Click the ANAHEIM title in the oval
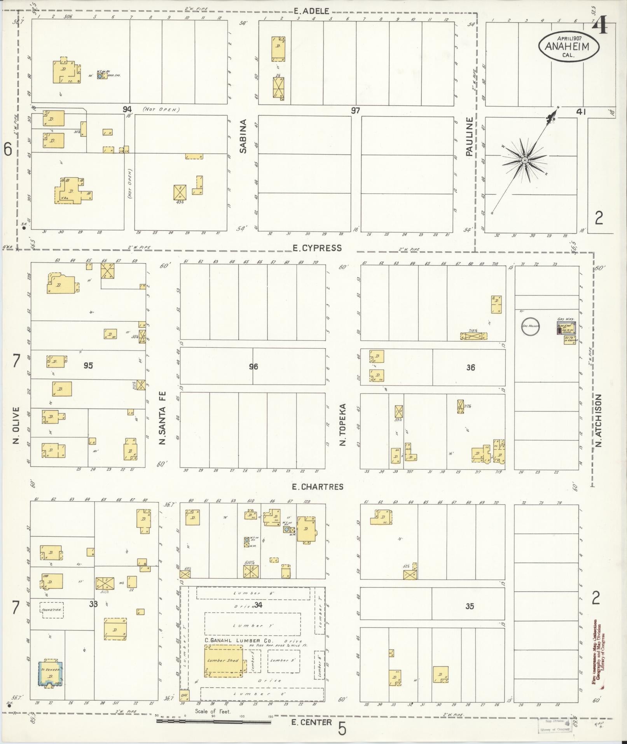(x=568, y=47)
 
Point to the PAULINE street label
(x=470, y=137)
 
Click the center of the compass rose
(x=524, y=160)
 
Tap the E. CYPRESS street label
(x=317, y=248)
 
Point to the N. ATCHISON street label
(x=598, y=420)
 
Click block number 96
(x=253, y=366)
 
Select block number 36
(x=470, y=367)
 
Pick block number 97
(x=355, y=110)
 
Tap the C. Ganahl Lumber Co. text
(x=239, y=640)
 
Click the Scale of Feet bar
(x=213, y=722)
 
